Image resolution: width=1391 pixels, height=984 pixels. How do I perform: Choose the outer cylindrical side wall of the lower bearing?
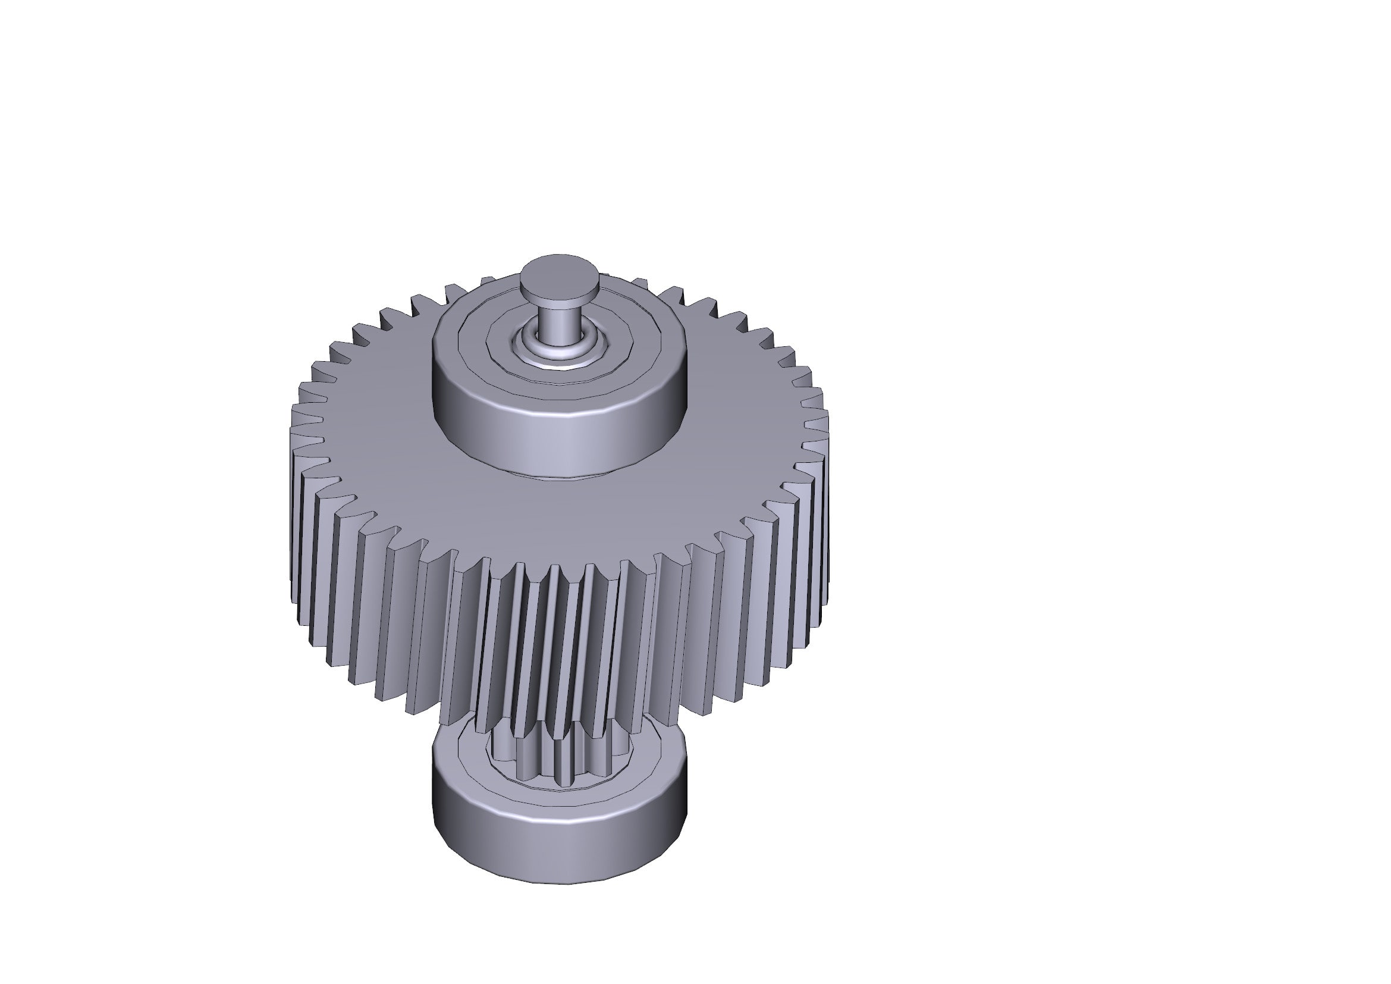click(558, 854)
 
